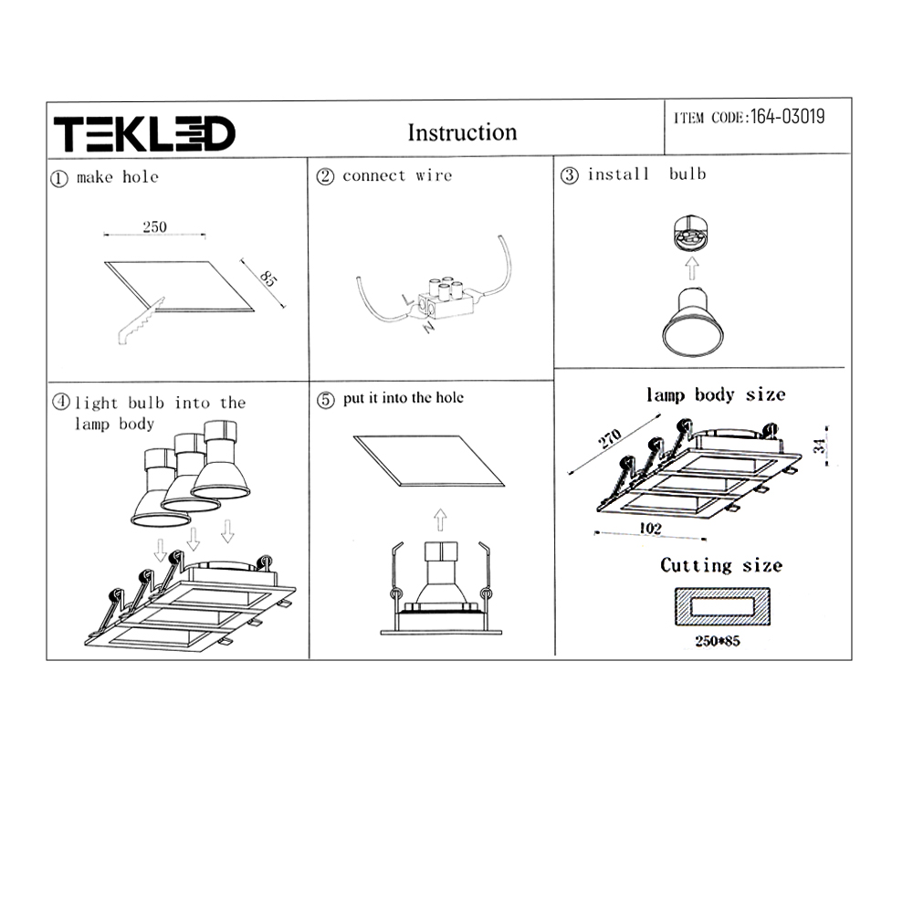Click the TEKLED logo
tap(144, 133)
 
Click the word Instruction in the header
tap(462, 132)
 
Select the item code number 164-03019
tap(787, 117)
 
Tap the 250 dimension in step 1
tap(155, 226)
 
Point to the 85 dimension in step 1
tap(268, 278)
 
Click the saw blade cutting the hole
tap(141, 321)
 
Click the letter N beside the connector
tap(428, 327)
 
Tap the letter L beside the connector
tap(407, 299)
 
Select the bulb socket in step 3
tap(690, 231)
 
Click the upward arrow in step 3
tap(692, 268)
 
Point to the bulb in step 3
tap(692, 322)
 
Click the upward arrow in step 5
tap(440, 520)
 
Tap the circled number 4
tap(60, 402)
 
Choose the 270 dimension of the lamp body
tap(610, 438)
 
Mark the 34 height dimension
tap(820, 446)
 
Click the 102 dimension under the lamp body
tap(650, 528)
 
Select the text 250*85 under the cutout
tap(718, 641)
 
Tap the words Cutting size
tap(721, 565)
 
